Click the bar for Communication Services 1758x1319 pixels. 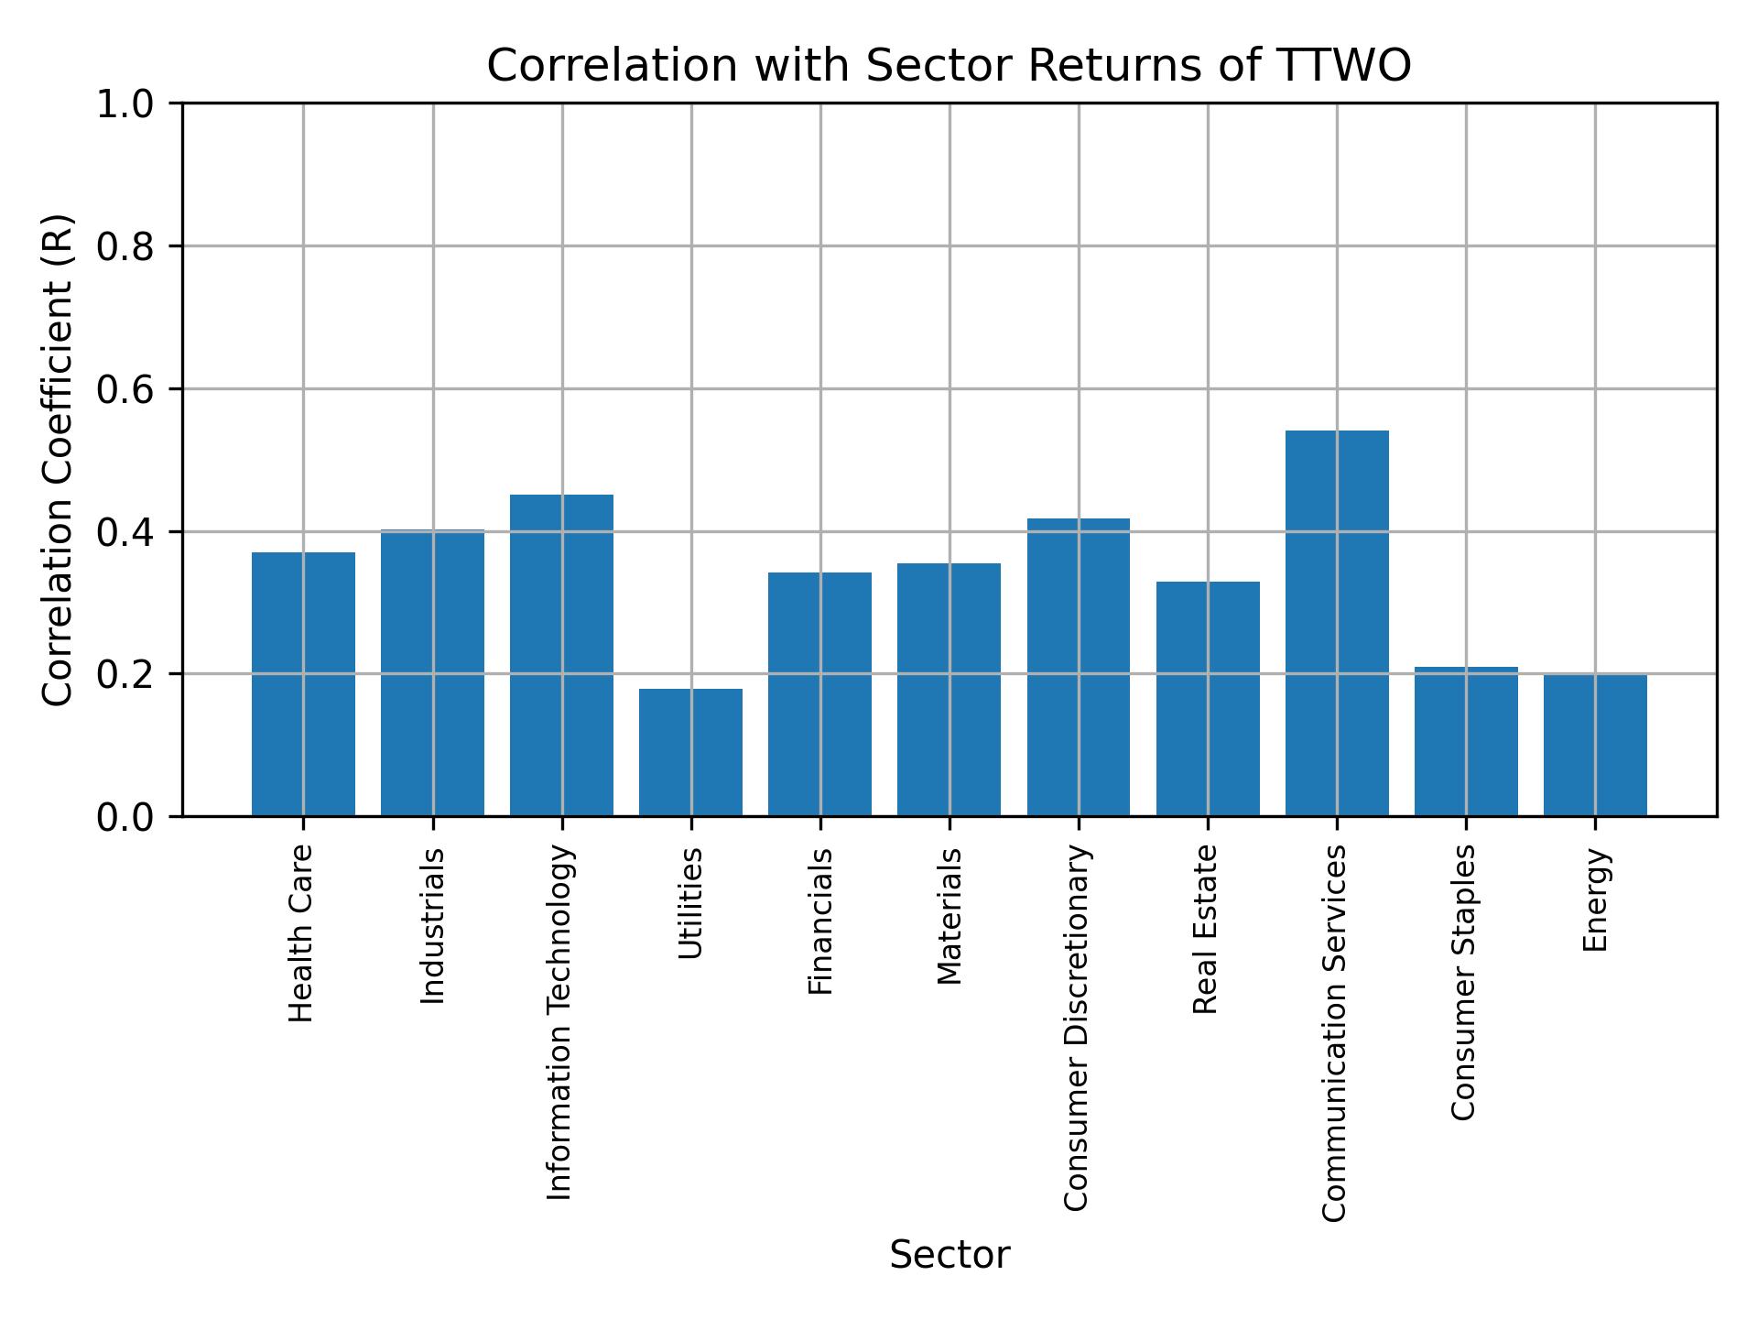pos(1336,623)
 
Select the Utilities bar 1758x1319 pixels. pos(690,752)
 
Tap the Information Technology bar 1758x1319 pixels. pos(561,655)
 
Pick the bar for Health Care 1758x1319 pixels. pos(303,683)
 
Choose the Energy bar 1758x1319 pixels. pos(1595,745)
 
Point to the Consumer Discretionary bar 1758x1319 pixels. pos(1078,667)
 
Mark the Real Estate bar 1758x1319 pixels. pos(1207,698)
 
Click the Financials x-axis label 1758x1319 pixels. pos(820,921)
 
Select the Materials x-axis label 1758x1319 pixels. pos(950,916)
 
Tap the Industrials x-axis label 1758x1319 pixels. pos(432,925)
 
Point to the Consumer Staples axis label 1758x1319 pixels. pos(1464,982)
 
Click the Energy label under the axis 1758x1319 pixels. pos(1595,899)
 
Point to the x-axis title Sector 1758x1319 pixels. pos(950,1255)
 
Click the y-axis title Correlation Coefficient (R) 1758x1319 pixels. pos(58,460)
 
